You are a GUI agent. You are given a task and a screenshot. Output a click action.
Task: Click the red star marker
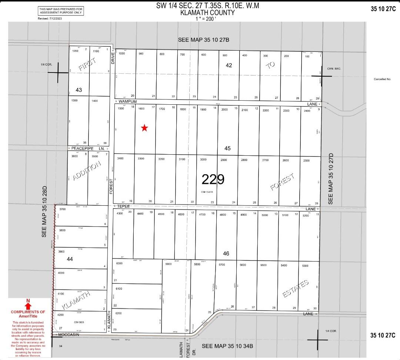144,128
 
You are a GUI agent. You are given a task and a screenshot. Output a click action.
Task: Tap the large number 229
213,179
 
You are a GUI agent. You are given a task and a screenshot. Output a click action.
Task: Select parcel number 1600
141,109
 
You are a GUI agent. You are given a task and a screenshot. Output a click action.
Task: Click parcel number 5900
169,264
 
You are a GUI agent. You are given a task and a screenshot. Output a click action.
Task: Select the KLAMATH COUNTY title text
207,13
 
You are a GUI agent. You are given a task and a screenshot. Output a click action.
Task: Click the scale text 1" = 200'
206,19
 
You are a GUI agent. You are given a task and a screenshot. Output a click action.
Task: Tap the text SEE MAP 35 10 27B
204,40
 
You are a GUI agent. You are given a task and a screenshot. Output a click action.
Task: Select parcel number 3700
62,209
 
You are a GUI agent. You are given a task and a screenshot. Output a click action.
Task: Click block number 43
79,90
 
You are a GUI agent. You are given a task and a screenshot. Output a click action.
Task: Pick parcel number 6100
119,289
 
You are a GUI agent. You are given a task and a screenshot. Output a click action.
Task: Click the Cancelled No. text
382,79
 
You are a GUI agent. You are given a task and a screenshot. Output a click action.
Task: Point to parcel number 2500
306,161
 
